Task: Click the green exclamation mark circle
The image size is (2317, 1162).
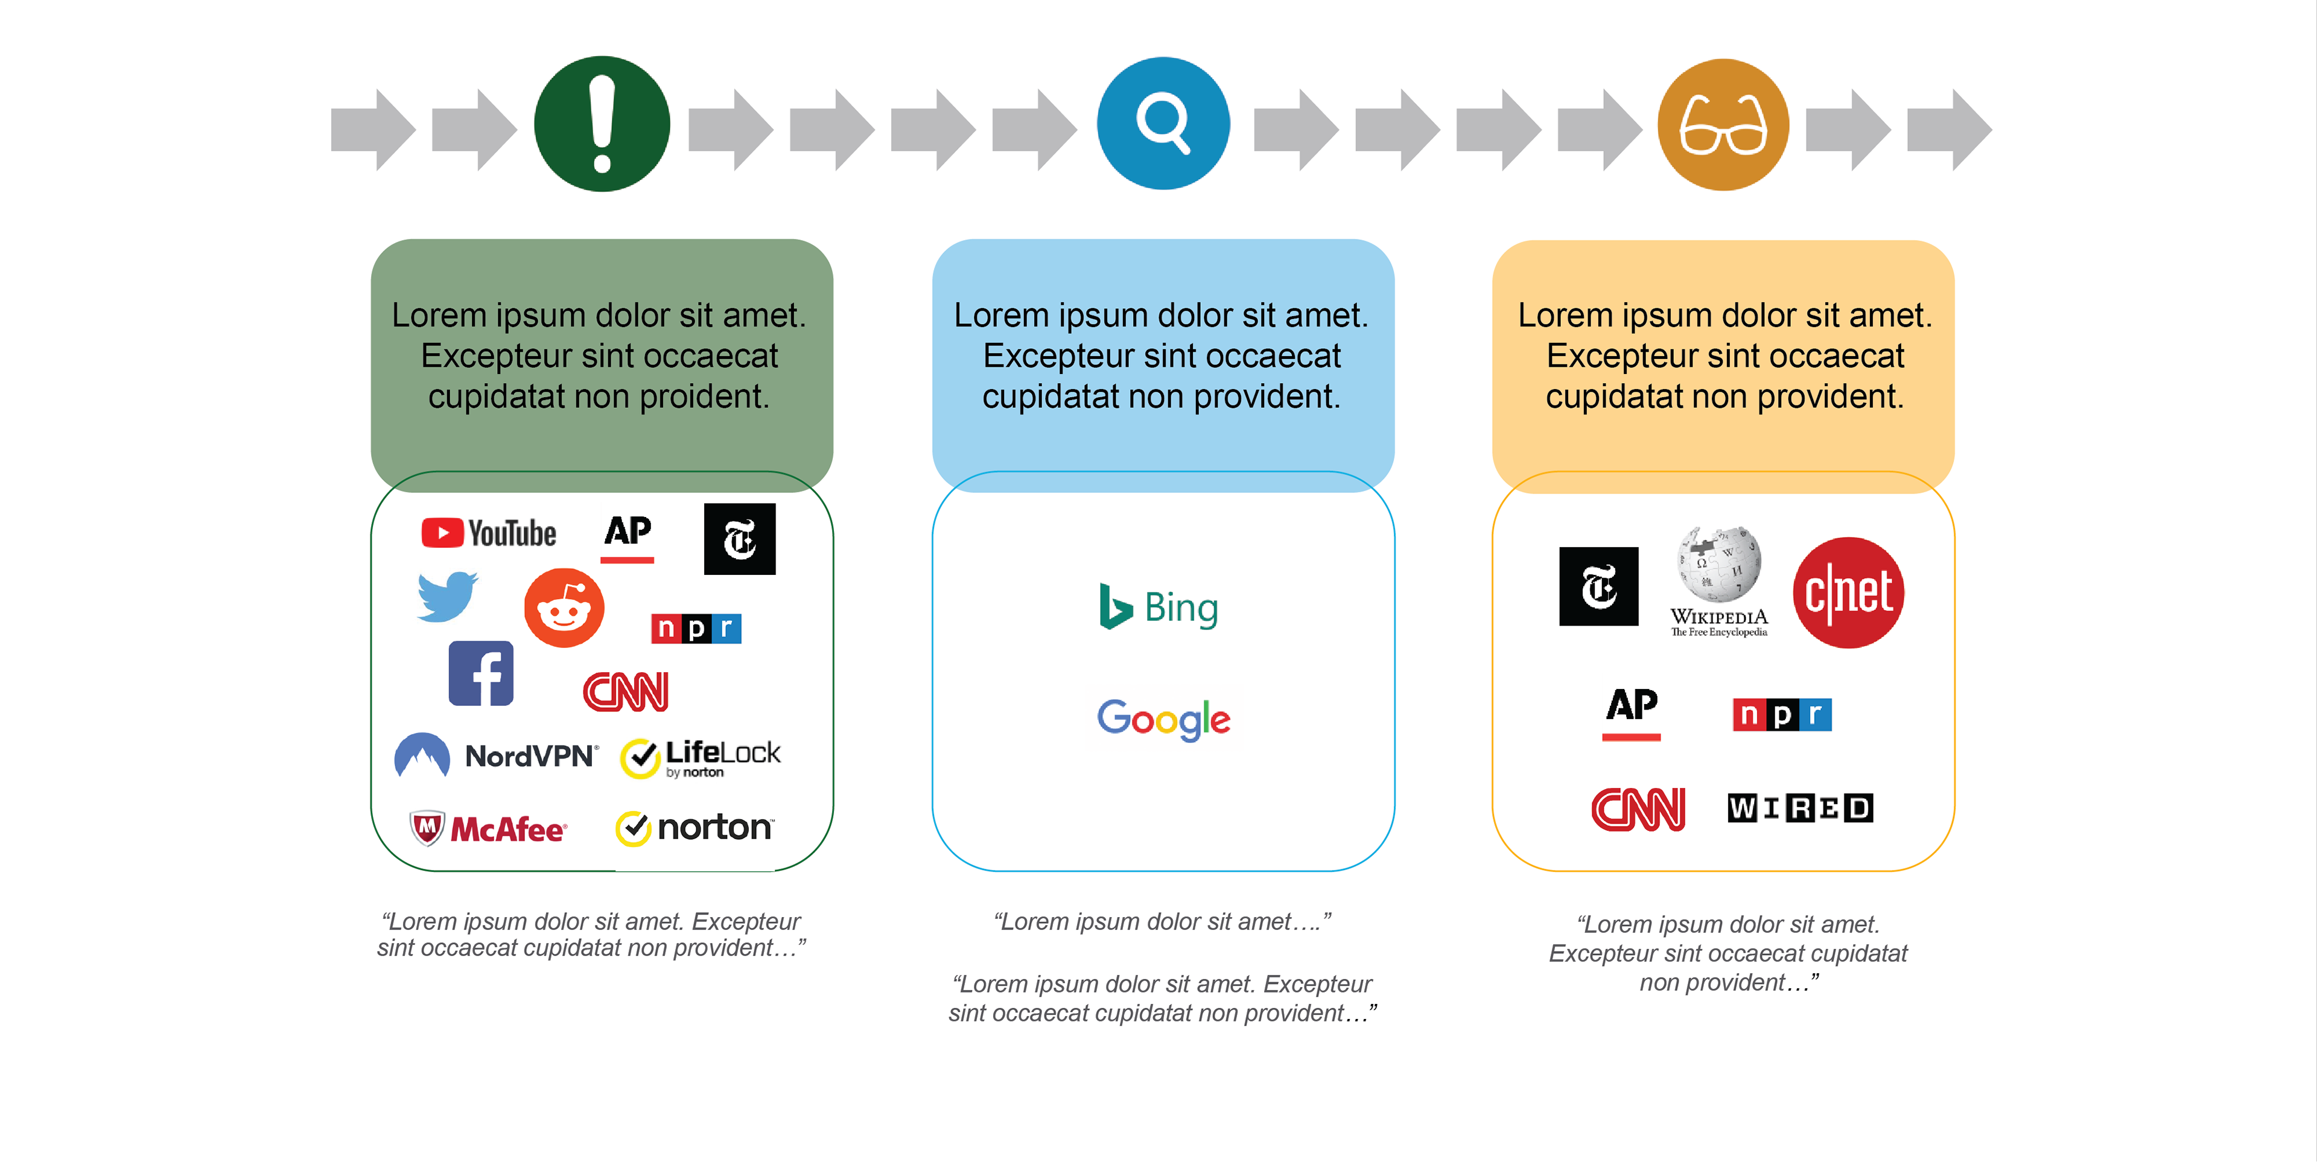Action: (602, 124)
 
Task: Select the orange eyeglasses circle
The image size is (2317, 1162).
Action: (1723, 125)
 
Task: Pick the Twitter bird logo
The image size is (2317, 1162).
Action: (447, 596)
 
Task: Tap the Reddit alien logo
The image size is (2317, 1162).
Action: (564, 608)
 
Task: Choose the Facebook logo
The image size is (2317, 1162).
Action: (482, 674)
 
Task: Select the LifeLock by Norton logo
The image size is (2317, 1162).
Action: (700, 757)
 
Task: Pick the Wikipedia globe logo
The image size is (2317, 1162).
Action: (1719, 581)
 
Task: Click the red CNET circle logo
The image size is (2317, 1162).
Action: (1848, 592)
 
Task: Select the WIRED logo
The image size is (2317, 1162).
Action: (1800, 808)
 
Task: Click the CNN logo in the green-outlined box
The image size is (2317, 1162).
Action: (626, 691)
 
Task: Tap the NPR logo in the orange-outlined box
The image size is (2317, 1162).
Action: (1782, 715)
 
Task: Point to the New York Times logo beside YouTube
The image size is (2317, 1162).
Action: (739, 539)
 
